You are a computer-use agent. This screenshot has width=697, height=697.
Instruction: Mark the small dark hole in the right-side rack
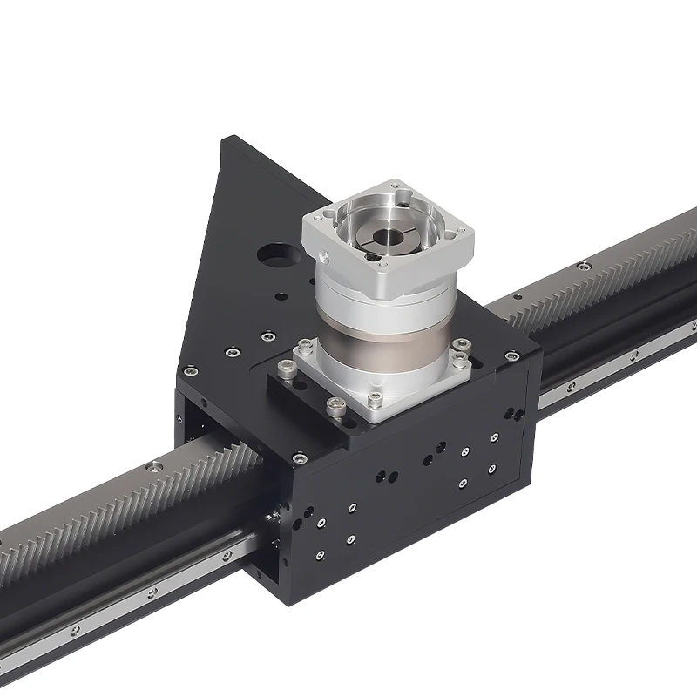pyautogui.click(x=572, y=385)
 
